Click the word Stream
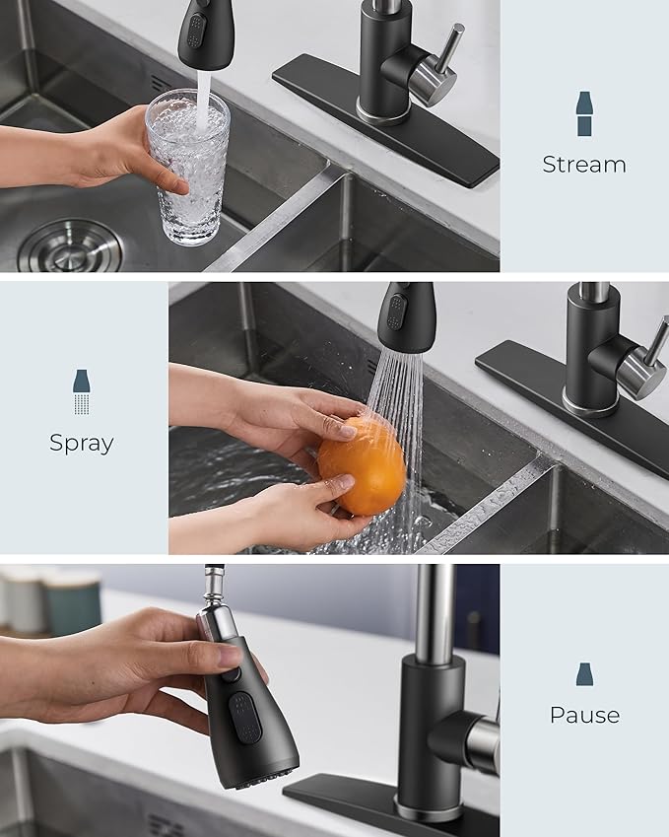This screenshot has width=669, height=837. click(x=583, y=165)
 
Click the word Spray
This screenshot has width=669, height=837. click(x=82, y=443)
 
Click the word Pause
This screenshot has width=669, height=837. click(x=584, y=715)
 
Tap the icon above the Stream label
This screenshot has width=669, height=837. click(x=584, y=113)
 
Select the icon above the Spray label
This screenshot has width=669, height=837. click(x=82, y=391)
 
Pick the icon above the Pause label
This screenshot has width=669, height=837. click(x=584, y=674)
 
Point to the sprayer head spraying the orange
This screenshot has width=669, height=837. click(x=405, y=317)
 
